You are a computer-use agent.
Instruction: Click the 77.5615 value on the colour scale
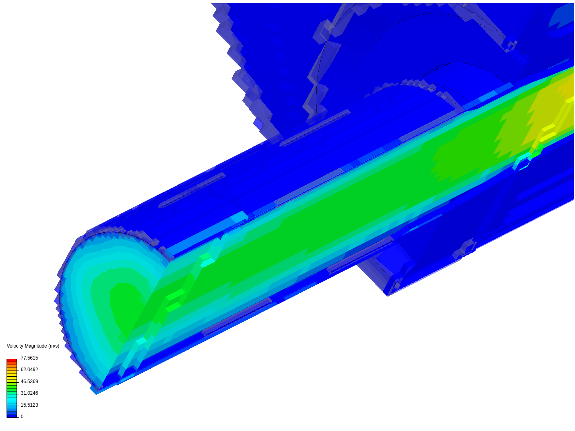pos(29,358)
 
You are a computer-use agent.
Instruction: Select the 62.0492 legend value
pos(29,370)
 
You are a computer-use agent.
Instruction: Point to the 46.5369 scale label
pos(29,382)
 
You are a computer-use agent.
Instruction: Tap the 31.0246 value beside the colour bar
pos(29,393)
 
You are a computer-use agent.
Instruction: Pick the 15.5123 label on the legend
pos(29,405)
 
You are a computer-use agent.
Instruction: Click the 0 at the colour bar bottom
pos(22,417)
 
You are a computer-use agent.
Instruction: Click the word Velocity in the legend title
pos(15,346)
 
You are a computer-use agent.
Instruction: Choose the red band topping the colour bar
pos(12,360)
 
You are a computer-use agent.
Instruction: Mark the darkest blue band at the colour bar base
pos(12,416)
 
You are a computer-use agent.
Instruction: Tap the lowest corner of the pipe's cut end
pos(96,393)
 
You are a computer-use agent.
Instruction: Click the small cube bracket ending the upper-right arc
pos(509,44)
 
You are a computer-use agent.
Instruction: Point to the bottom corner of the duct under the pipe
pos(388,295)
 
